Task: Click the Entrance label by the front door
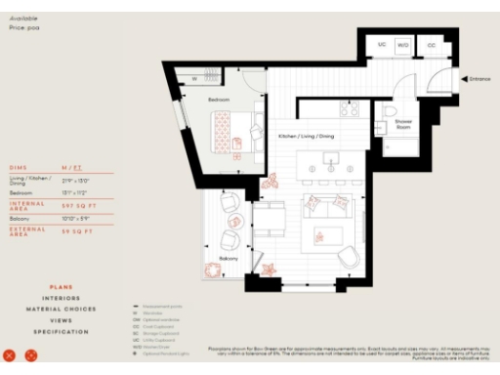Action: tap(479, 78)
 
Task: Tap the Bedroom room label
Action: tap(219, 101)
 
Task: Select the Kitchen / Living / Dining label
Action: tap(306, 136)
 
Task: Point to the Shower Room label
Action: tap(402, 125)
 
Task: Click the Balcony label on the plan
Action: tap(229, 258)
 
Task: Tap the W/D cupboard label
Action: tap(403, 45)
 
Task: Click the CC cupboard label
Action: tap(431, 45)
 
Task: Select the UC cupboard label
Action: tap(382, 45)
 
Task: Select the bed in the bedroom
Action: tap(234, 131)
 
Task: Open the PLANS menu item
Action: tap(61, 287)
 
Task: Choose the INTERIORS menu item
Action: tap(61, 298)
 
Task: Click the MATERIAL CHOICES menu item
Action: tap(61, 310)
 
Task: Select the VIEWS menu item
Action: tap(61, 320)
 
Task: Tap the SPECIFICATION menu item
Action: tap(61, 332)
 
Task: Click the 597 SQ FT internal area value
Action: tap(76, 206)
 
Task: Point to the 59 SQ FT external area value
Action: tap(75, 232)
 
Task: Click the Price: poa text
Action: tap(24, 27)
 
